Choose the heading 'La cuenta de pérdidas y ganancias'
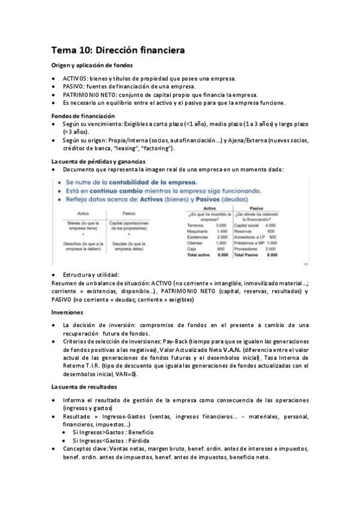click(x=98, y=161)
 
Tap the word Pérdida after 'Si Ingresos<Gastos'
click(x=139, y=440)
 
